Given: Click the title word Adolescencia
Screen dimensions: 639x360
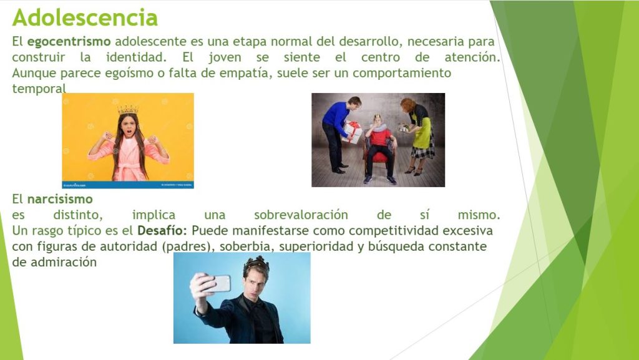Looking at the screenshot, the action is coord(85,17).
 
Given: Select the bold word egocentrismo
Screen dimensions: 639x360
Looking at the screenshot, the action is coord(69,42).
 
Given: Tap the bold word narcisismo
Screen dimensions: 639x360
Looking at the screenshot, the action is coord(60,199).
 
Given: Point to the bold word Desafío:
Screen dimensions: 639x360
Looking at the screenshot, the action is coord(162,230).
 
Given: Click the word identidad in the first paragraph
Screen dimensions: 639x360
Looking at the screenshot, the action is coord(136,57).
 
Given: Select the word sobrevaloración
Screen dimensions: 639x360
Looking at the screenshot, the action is coord(301,215).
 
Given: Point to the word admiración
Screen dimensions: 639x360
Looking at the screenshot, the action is coord(64,262).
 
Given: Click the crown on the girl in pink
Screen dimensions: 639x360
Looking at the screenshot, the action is coord(128,110).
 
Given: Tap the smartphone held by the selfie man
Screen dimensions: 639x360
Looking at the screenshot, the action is coord(220,283).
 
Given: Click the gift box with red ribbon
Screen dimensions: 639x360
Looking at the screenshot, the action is coord(352,132).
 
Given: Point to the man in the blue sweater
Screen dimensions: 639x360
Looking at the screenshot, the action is coord(339,134).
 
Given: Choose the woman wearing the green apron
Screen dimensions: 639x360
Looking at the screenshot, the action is coord(417,136).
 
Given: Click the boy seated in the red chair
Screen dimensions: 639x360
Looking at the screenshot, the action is coord(379,149).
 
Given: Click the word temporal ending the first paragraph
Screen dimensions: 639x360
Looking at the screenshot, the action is coord(39,89).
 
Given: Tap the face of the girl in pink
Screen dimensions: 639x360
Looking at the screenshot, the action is coord(129,126).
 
